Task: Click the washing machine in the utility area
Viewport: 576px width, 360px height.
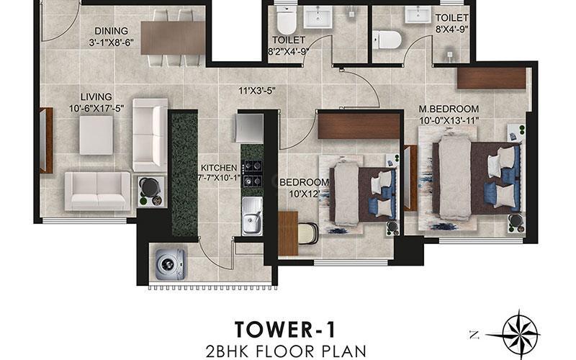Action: (170, 264)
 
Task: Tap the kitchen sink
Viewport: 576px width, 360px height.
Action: (252, 217)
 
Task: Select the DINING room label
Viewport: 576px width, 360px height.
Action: (112, 31)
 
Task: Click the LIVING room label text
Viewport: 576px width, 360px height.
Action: (96, 96)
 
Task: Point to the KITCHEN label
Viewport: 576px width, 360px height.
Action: (219, 168)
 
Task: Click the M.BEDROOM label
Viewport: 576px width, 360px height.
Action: (449, 109)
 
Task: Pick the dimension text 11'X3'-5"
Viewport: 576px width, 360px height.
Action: (257, 90)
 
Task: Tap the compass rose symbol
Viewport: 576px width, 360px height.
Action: (520, 335)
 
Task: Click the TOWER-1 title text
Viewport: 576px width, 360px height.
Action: (285, 329)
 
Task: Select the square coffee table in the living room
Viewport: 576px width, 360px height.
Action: (96, 135)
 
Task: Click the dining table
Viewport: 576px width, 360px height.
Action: (173, 38)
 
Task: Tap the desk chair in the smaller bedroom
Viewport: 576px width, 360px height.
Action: (308, 233)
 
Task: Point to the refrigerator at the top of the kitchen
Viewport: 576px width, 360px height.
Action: (249, 128)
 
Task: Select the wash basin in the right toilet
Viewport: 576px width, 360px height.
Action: (418, 14)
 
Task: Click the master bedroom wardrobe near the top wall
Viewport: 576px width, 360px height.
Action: (492, 78)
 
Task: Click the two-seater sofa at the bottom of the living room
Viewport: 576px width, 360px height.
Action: (98, 192)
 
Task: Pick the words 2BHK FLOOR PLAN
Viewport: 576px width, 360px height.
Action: (286, 351)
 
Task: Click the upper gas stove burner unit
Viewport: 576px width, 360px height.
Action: (253, 166)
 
